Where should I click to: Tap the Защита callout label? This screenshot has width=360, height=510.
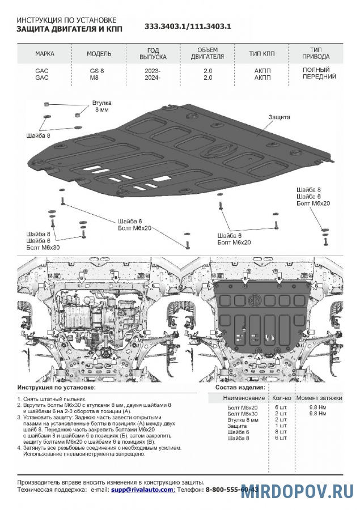point(279,117)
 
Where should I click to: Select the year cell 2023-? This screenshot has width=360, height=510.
point(153,70)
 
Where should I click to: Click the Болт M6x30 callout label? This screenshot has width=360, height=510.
point(43,248)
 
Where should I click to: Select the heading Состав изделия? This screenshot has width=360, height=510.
point(240,388)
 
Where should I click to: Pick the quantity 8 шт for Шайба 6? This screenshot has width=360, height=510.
point(280,432)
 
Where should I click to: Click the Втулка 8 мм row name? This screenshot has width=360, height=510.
point(242,420)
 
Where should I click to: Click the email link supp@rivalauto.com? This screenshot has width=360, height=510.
point(142,488)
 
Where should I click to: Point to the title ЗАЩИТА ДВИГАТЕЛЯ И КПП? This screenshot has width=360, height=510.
point(69,27)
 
